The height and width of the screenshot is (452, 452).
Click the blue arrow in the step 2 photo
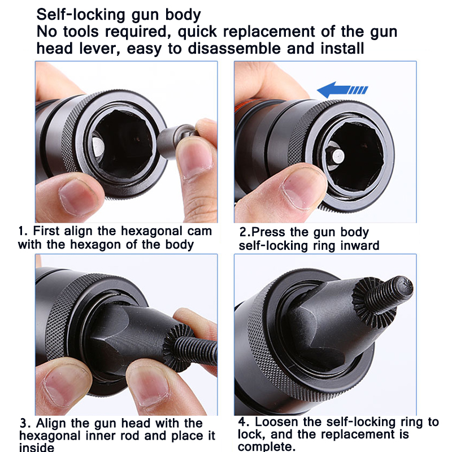[342, 90]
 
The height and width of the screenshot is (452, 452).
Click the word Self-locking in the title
[81, 15]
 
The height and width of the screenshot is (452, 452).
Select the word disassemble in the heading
[234, 49]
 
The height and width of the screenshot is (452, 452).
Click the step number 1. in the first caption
[23, 231]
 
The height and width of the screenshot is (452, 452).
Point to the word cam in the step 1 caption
[199, 231]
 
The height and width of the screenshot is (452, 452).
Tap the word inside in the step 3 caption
[37, 447]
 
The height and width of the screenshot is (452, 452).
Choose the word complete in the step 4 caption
[267, 446]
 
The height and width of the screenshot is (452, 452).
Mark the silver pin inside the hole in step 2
[337, 157]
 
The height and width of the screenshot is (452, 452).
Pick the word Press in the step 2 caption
[269, 232]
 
